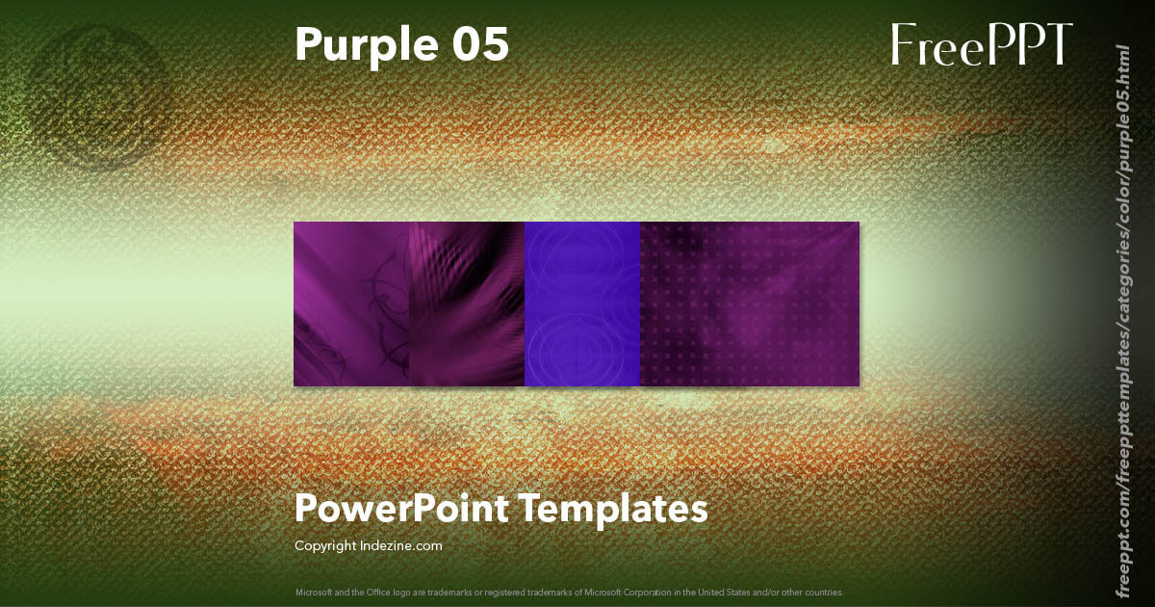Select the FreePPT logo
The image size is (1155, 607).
981,44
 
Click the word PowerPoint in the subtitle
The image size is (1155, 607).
399,508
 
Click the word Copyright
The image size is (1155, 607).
325,545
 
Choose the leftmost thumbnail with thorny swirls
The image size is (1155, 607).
351,304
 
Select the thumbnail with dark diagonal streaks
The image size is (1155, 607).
467,304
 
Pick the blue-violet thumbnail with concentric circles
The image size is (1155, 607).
582,304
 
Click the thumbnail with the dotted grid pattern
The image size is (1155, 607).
749,304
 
